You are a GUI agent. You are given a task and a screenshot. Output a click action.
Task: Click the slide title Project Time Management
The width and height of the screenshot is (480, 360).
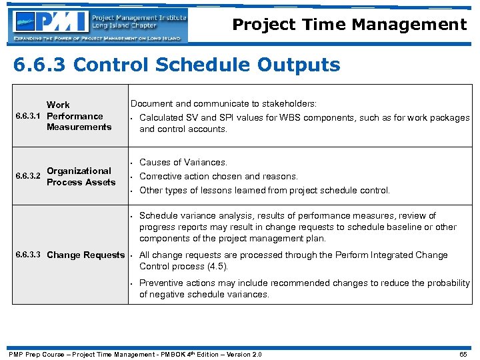pos(349,25)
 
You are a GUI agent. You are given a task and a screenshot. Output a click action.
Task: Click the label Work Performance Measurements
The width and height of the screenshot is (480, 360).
pos(79,116)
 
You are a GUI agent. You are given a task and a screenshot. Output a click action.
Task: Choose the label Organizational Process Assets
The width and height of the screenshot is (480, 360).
pos(81,177)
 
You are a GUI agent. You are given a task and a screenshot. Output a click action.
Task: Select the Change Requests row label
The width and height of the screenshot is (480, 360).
pos(85,255)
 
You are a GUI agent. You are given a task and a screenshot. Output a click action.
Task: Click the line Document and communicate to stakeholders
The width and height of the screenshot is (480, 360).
pos(223,104)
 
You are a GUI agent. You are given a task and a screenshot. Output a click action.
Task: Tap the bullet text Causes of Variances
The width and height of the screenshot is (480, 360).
pos(183,162)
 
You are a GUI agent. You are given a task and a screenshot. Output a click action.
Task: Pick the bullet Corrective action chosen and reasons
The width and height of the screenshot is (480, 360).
pos(218,176)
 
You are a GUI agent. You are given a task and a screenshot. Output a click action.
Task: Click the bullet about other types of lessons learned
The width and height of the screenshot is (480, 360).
pos(264,190)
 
